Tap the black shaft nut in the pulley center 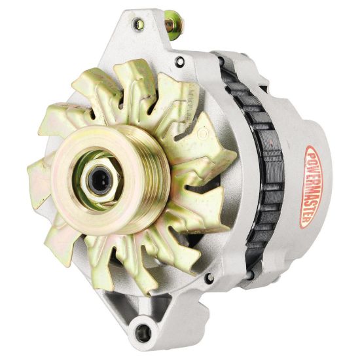pos(100,180)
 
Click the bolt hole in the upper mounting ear pos(138,24)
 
